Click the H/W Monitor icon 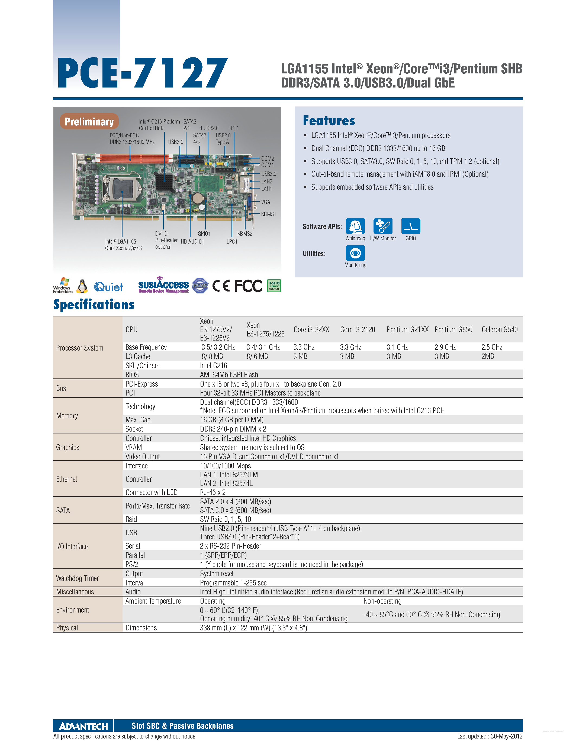point(383,226)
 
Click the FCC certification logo point(248,286)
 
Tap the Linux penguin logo point(82,287)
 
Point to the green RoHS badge point(274,286)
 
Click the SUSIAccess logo point(163,285)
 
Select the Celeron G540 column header point(499,329)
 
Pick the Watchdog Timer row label point(78,578)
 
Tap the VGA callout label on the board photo point(265,202)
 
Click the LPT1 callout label point(233,128)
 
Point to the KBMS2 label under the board point(245,234)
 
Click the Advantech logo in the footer point(83,726)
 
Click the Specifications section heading point(94,304)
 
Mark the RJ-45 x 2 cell point(213,492)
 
